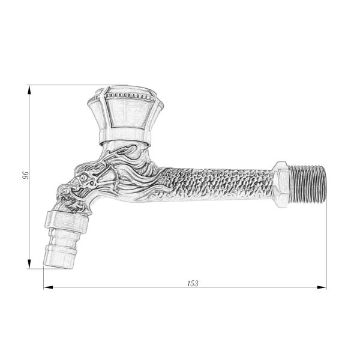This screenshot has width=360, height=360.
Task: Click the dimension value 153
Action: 193,283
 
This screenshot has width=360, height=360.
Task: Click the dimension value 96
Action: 25,175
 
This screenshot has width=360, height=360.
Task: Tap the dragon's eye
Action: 83,178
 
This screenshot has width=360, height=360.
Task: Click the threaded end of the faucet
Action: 308,184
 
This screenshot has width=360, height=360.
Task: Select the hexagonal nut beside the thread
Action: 281,185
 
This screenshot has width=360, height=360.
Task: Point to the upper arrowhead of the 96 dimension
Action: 29,90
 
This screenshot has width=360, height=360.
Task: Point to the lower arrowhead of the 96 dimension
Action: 29,264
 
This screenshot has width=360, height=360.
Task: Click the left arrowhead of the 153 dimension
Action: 48,287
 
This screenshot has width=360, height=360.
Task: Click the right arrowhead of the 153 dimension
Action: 322,287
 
